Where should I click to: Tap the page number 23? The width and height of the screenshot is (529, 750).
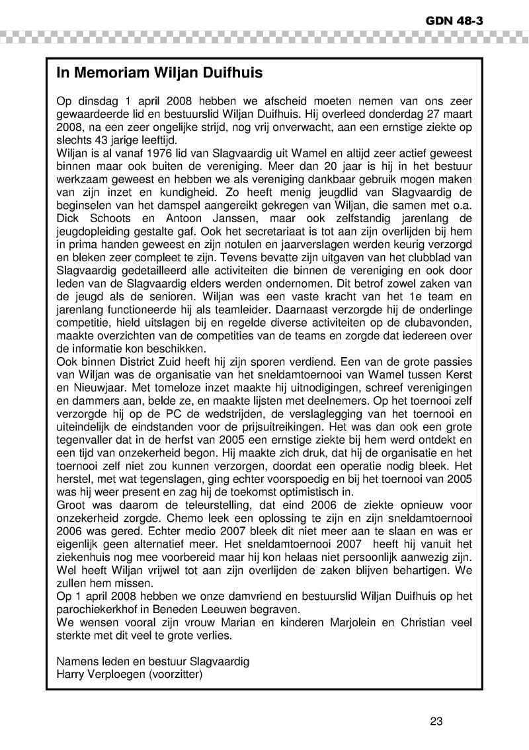436,722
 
